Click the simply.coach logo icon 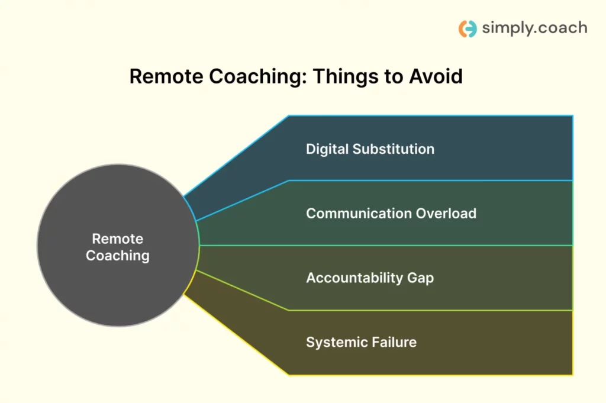468,28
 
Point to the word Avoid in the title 434,77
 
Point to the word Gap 420,278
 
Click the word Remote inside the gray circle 117,239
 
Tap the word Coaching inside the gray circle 117,256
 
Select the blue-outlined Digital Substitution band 503,148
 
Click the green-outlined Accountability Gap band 503,278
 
